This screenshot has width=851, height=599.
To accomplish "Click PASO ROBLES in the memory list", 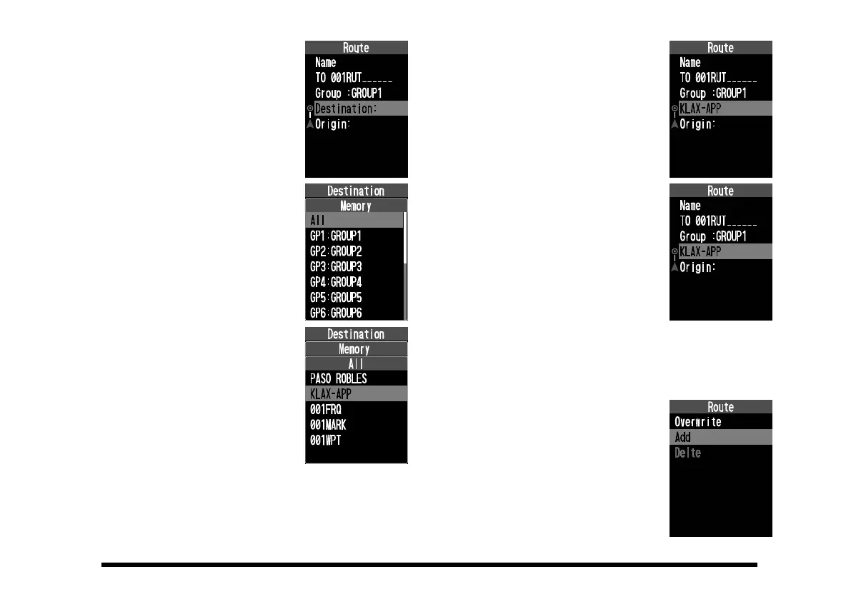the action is [x=338, y=378].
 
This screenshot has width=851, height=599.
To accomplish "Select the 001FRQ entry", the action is [x=327, y=409].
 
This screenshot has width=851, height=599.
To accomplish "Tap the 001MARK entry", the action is [x=329, y=425].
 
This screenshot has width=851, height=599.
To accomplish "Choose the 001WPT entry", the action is [x=326, y=441].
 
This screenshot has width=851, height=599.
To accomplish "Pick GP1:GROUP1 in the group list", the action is [x=336, y=236].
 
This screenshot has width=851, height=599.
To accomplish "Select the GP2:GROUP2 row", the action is [x=336, y=251].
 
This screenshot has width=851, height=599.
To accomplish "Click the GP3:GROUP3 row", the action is [x=336, y=267].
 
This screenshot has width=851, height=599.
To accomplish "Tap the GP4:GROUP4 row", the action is [x=336, y=282].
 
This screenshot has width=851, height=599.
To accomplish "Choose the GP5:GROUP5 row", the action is [x=336, y=298].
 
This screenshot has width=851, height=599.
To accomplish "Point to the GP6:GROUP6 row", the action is [x=336, y=313].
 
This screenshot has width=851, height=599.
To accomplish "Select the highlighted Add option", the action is [x=720, y=438].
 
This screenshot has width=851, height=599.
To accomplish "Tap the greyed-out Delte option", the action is [x=688, y=453].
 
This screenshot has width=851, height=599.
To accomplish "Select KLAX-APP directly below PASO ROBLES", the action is [x=356, y=393].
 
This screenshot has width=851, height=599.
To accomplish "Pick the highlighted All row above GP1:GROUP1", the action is [x=354, y=221].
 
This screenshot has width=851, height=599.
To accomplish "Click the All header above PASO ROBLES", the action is [x=356, y=363].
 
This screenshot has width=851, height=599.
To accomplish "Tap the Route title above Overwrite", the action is [x=720, y=407].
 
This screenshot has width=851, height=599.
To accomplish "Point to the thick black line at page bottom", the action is [x=429, y=565].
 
